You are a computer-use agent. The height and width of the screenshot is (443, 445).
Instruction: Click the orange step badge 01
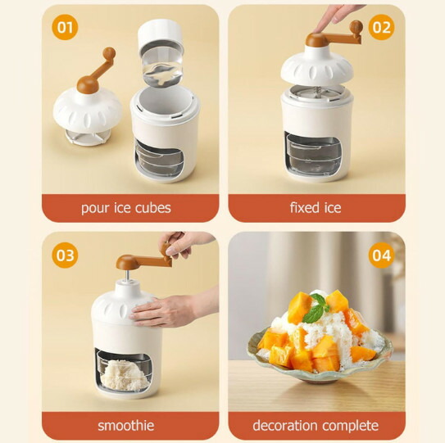tap(65, 27)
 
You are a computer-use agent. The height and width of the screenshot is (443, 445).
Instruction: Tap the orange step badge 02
tap(381, 27)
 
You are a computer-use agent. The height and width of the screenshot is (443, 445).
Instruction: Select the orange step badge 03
tap(65, 255)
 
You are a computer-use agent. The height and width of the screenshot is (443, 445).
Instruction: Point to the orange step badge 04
tap(381, 255)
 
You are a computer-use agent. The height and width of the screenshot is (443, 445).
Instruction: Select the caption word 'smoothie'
tap(126, 426)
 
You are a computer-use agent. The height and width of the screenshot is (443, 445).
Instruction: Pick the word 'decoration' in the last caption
tap(285, 426)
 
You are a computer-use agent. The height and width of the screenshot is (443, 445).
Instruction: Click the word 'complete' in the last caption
tap(351, 426)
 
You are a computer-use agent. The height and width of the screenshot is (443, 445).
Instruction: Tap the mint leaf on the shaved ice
tap(316, 309)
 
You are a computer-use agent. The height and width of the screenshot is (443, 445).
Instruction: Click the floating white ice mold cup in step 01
tap(161, 51)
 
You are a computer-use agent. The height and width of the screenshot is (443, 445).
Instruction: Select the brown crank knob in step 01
tap(109, 52)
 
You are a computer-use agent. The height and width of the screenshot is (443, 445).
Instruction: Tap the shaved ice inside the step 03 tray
tap(125, 374)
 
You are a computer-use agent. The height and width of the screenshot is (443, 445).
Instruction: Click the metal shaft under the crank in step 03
tap(128, 274)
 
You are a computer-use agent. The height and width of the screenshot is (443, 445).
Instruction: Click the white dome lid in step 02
tap(317, 68)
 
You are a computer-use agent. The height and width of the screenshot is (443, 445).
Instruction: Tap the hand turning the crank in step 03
tap(184, 244)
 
